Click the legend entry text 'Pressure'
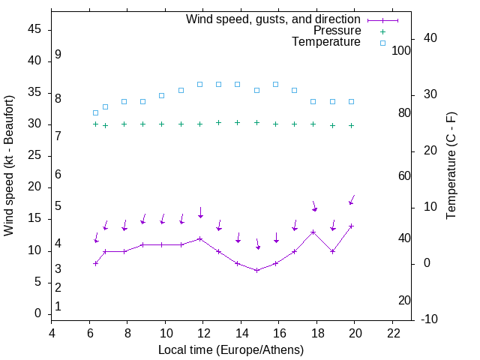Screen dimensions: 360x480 (x=337, y=31)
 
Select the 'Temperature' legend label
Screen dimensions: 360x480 (x=326, y=43)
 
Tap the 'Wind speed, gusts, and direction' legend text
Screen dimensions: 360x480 (x=274, y=19)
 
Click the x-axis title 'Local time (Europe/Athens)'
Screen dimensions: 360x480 (x=231, y=349)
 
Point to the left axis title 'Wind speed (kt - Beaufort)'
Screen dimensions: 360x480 (x=10, y=165)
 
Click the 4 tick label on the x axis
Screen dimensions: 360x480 (x=52, y=333)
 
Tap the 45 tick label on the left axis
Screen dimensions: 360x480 (x=34, y=30)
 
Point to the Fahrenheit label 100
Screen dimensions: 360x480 (x=401, y=51)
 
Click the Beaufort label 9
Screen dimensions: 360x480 (x=58, y=55)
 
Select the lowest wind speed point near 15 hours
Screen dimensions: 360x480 (x=256, y=270)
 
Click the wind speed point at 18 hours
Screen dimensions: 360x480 (x=313, y=232)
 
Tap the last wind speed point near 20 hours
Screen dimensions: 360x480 (x=351, y=226)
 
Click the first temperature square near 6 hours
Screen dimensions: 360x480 (x=95, y=113)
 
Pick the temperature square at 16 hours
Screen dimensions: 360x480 (x=275, y=85)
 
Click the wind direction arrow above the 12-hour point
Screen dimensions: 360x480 (x=200, y=213)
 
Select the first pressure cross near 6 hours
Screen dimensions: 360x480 (x=95, y=124)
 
